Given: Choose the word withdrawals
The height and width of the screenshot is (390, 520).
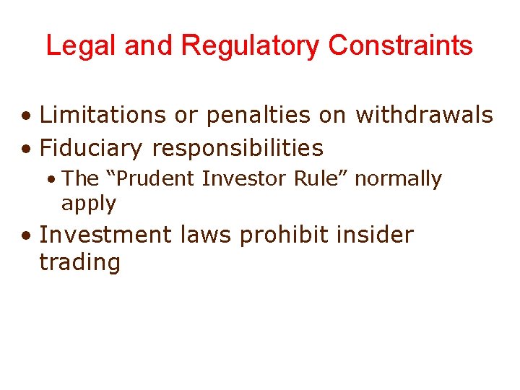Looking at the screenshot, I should pyautogui.click(x=425, y=114).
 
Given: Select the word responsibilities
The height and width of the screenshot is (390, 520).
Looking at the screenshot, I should pyautogui.click(x=238, y=149).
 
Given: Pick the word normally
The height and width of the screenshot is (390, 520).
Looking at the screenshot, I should pyautogui.click(x=398, y=179).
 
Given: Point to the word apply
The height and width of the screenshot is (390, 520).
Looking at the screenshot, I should pyautogui.click(x=88, y=204).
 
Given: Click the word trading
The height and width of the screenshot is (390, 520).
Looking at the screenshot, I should pyautogui.click(x=79, y=262).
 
